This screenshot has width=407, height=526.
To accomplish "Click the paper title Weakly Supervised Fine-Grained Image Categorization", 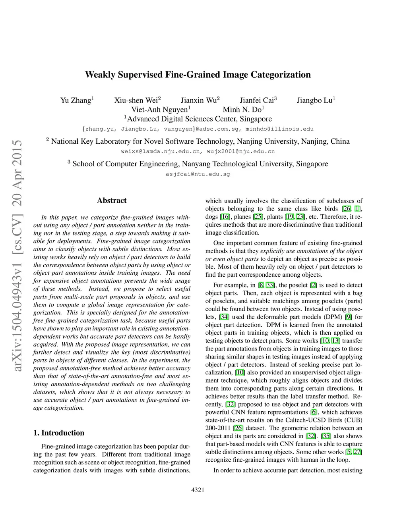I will [198, 75].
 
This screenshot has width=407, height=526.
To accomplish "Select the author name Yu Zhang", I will [76, 100].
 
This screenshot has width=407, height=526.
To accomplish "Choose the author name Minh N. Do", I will [242, 110].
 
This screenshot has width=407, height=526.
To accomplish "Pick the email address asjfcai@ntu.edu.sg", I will [198, 174].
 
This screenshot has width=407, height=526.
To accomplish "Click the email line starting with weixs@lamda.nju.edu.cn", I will [198, 151].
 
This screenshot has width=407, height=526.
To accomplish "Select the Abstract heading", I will [112, 200].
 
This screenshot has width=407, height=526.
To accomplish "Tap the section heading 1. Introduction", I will [59, 433].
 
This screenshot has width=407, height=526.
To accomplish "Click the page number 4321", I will [198, 490].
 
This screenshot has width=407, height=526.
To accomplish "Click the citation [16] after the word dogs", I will [225, 217].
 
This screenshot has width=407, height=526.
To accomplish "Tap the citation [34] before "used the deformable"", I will [224, 317].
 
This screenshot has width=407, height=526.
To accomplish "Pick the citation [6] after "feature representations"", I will [314, 412].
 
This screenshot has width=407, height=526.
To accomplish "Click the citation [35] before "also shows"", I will [326, 436].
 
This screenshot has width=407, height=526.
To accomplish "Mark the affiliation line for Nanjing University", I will [198, 141].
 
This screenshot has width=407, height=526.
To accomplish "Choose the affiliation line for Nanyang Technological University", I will [198, 164].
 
